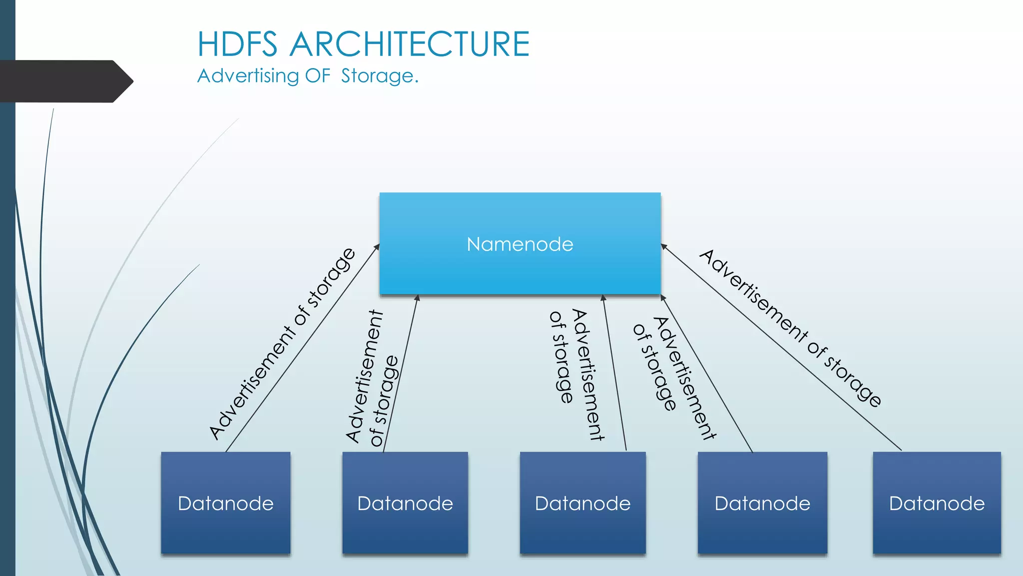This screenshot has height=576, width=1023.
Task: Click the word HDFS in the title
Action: coord(237,44)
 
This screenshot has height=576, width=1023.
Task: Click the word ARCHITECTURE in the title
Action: coord(410,44)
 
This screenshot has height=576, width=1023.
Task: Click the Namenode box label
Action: coord(519,244)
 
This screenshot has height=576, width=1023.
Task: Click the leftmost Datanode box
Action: coord(226,503)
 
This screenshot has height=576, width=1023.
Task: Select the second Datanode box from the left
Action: coord(405,503)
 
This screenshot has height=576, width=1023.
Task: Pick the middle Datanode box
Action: coord(582,503)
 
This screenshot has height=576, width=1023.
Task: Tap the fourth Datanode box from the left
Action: coord(762,503)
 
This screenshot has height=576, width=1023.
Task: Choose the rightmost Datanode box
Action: coord(937,503)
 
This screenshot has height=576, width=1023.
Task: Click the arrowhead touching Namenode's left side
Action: coord(377,246)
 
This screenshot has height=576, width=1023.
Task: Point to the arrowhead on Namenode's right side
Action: coord(664,246)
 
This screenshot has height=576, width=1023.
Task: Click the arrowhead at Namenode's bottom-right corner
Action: coord(663,298)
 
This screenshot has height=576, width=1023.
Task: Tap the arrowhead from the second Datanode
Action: coord(417,298)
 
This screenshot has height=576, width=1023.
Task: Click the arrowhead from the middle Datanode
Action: coord(603,298)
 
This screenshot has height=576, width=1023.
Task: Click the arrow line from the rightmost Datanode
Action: coord(784,350)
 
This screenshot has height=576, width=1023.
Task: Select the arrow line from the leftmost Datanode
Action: coord(300,350)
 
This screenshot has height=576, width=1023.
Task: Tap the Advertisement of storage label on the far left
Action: coord(282,344)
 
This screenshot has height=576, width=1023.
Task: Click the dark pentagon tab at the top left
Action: coord(65,81)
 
